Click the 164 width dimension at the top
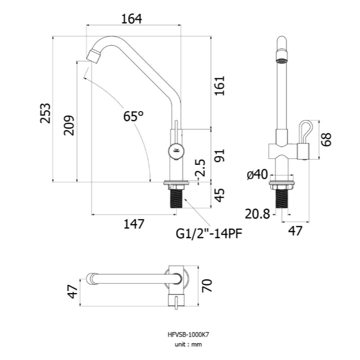(131, 19)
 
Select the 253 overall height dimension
(45, 114)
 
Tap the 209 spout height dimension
(69, 125)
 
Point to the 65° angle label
(133, 116)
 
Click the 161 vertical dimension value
(220, 85)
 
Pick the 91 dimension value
(220, 156)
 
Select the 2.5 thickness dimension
(200, 168)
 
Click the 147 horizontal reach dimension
(134, 224)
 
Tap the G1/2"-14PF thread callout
(209, 234)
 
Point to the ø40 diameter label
(258, 174)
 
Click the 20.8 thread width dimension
(257, 214)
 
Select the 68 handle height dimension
(326, 139)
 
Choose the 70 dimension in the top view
(207, 285)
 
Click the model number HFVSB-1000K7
(188, 335)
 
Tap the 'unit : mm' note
(188, 344)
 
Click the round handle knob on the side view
(176, 151)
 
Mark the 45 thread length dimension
(220, 195)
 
